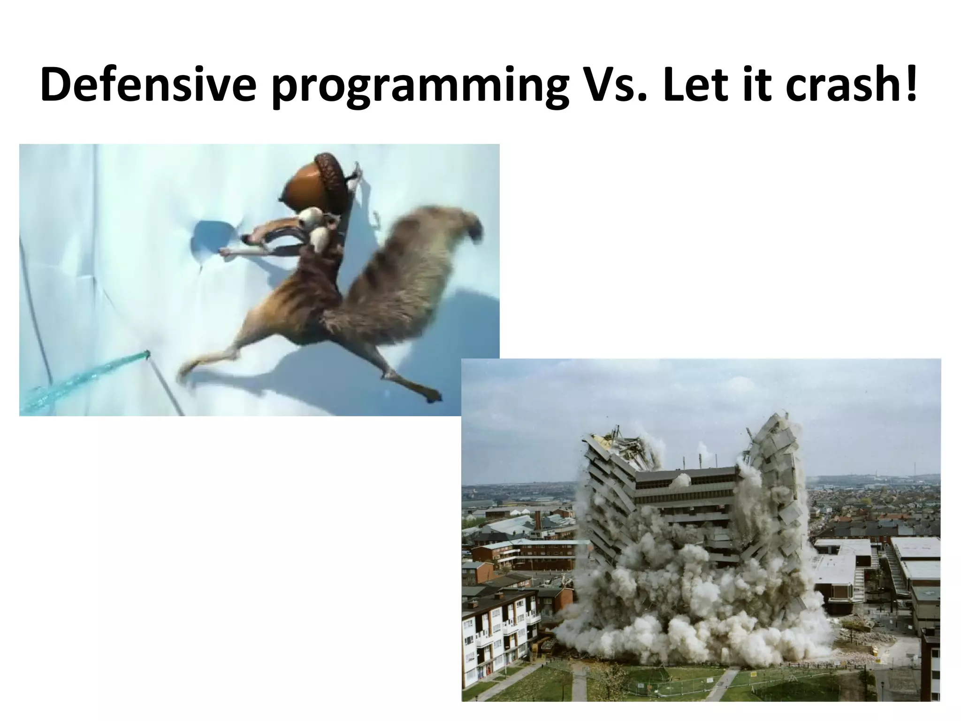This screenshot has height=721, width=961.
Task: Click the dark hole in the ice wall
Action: (211, 237)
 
